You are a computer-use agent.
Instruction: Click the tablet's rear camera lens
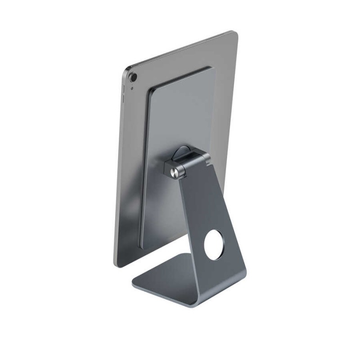[x=134, y=77]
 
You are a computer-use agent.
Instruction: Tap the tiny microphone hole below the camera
[x=131, y=88]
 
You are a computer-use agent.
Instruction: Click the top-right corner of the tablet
[x=233, y=32]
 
